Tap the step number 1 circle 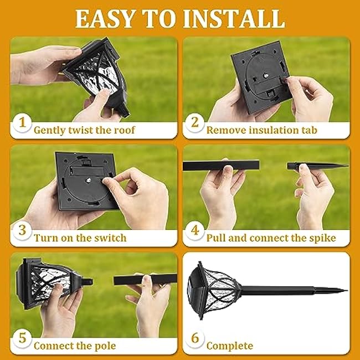point(22,122)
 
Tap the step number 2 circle point(194,122)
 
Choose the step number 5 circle point(22,337)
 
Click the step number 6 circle point(194,337)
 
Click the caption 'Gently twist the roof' point(84,131)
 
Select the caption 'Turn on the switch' point(80,238)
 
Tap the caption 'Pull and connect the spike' point(271,238)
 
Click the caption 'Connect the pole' point(75,346)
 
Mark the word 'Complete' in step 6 point(229,346)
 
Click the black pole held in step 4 point(221,166)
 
